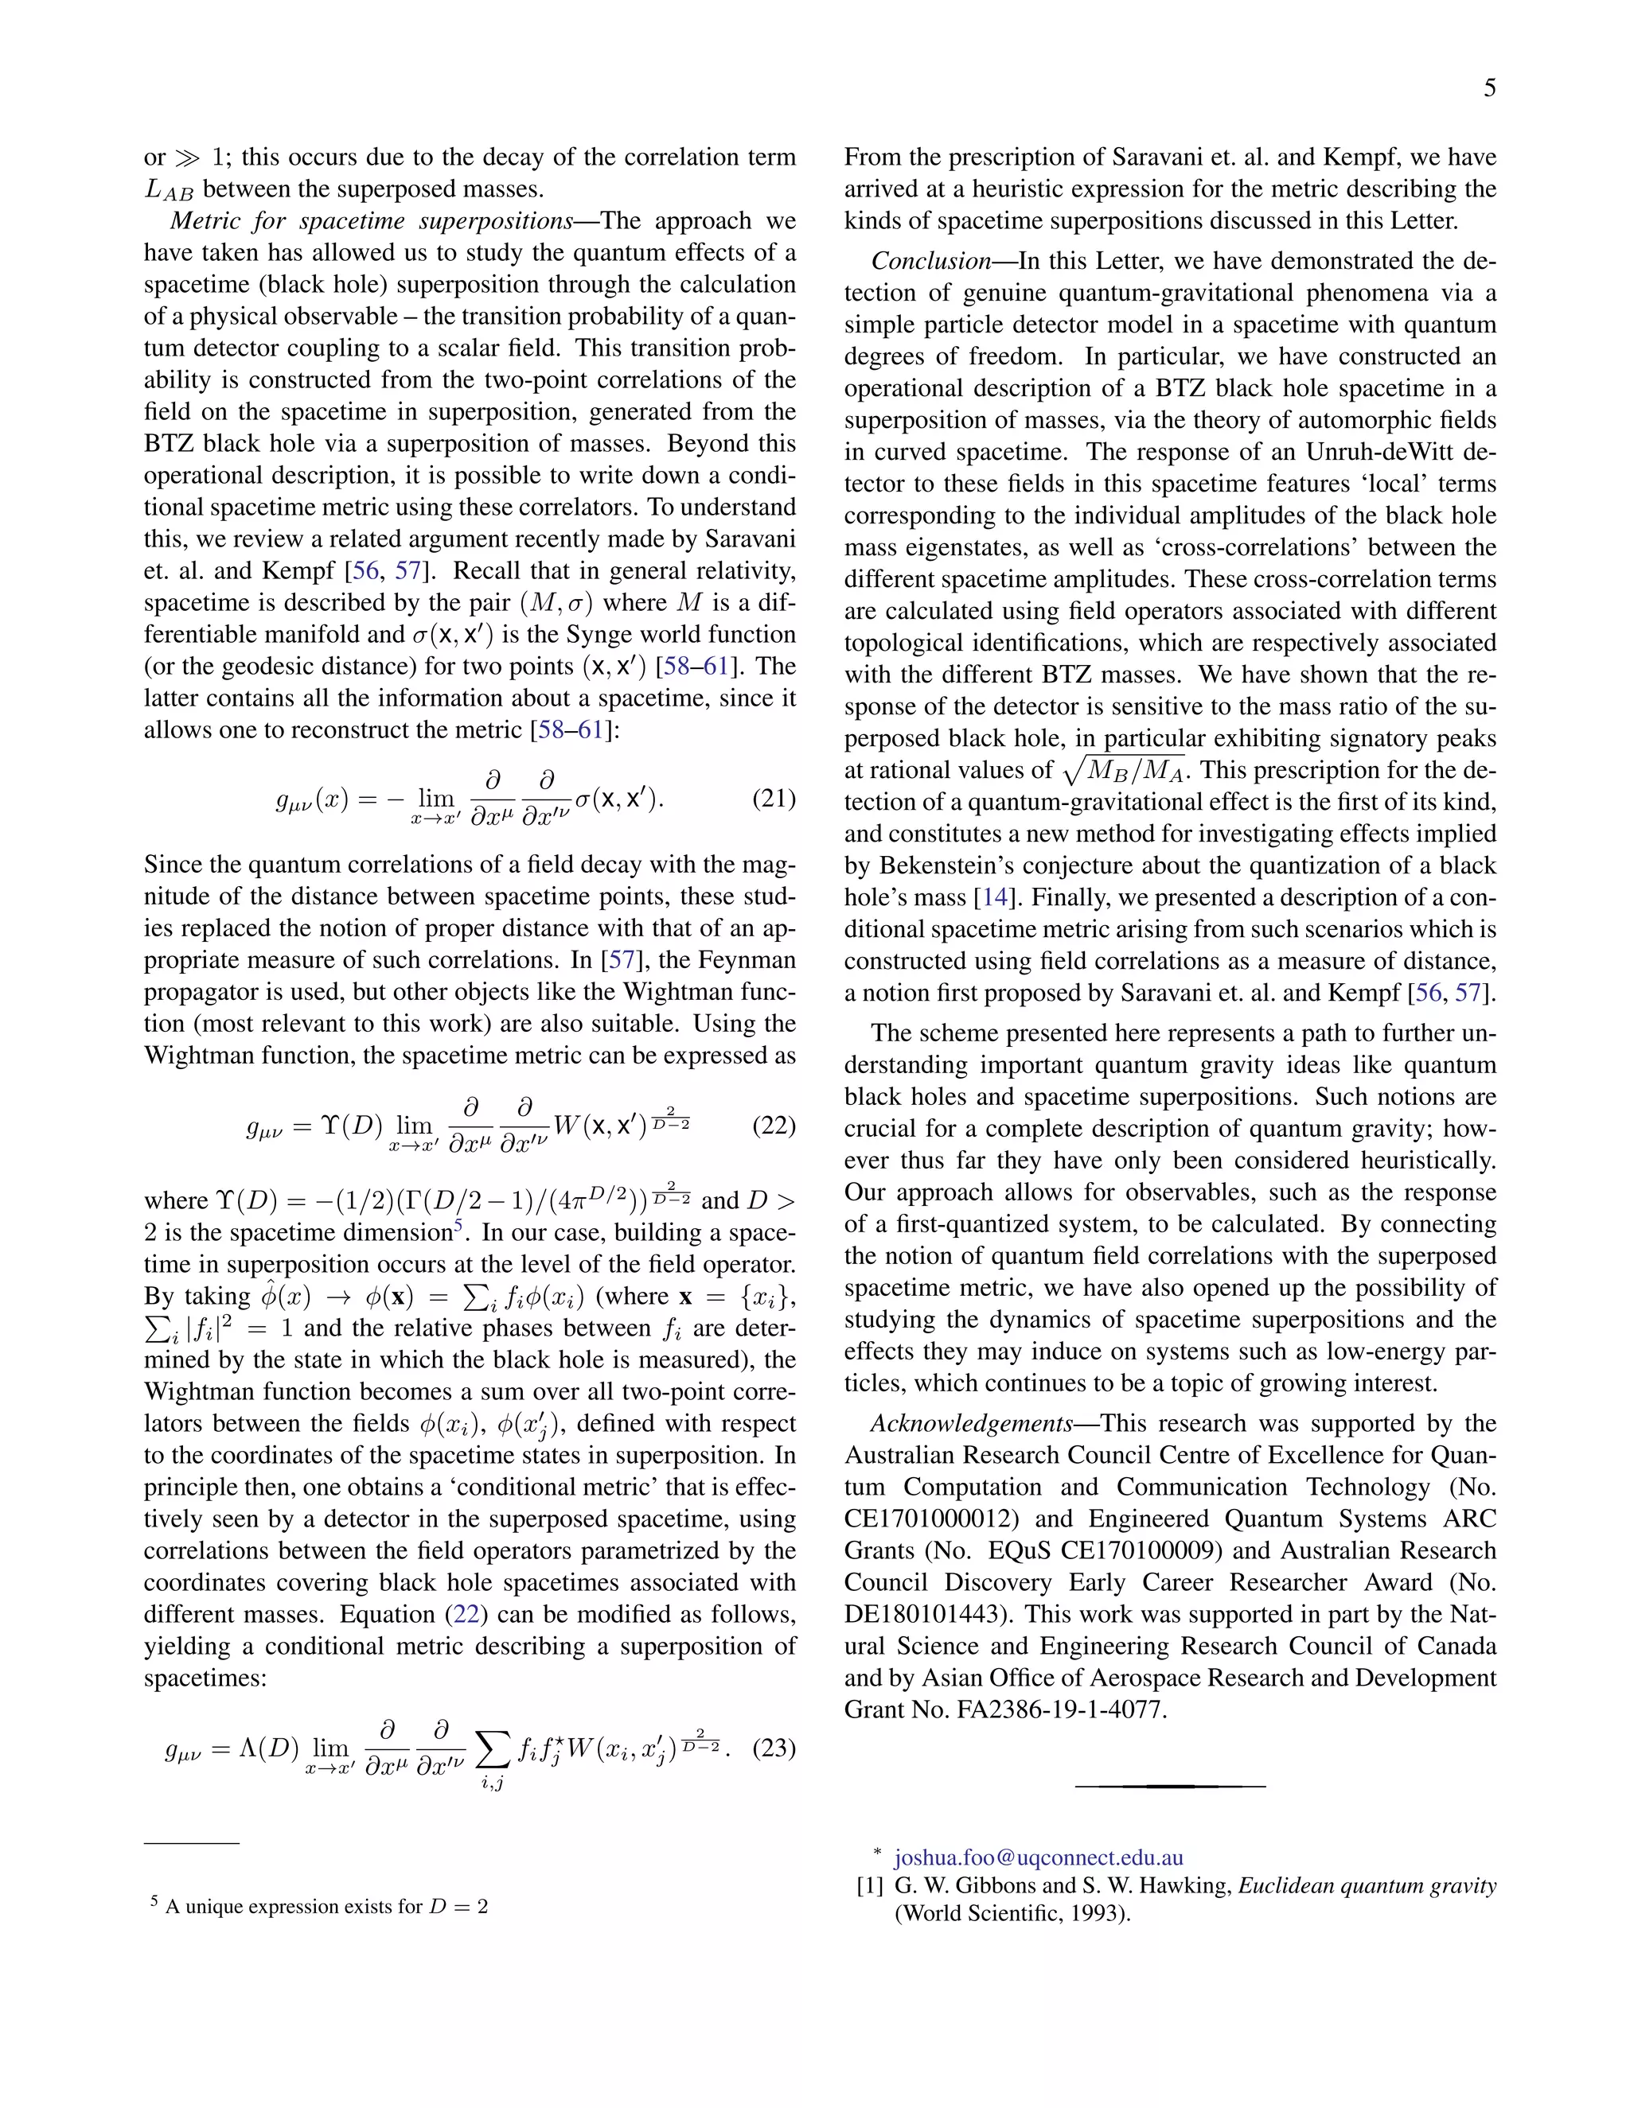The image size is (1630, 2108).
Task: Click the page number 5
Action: pyautogui.click(x=1490, y=89)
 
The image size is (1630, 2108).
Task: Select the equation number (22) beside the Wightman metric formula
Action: pyautogui.click(x=774, y=1126)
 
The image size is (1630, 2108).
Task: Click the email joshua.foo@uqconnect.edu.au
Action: pyautogui.click(x=1038, y=1857)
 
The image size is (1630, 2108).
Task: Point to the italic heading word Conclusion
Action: pyautogui.click(x=931, y=261)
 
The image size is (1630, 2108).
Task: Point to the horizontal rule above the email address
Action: pyautogui.click(x=1169, y=1787)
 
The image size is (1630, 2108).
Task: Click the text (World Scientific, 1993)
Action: pyautogui.click(x=1012, y=1913)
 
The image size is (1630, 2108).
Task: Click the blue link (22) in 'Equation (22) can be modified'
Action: pyautogui.click(x=466, y=1615)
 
